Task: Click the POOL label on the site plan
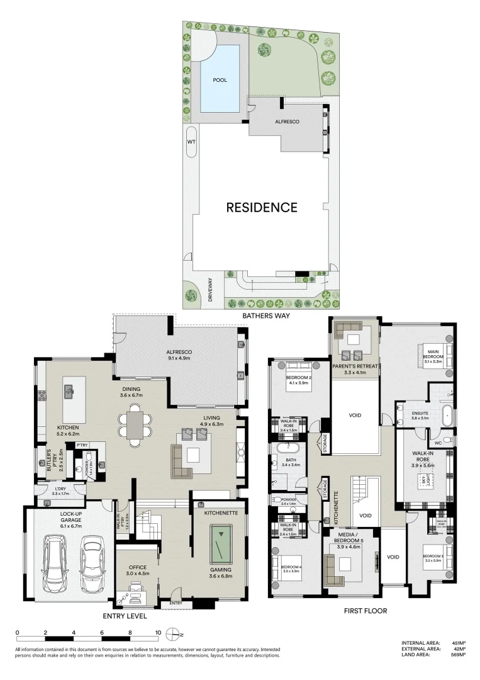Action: coord(220,80)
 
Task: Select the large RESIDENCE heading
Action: coord(261,207)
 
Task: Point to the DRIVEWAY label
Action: coord(211,292)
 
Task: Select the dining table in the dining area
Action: coord(135,425)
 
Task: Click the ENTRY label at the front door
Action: coord(176,604)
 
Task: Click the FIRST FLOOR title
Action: coord(366,611)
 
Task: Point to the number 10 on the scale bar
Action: coord(158,632)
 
